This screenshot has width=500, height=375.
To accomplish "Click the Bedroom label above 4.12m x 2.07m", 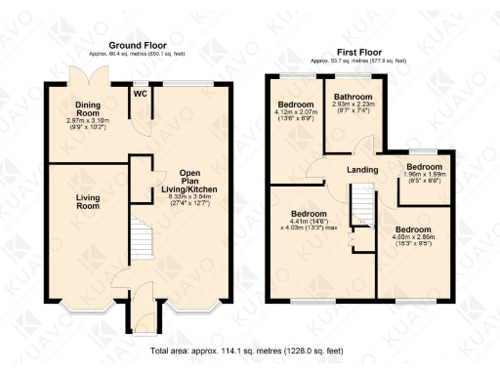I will pos(294,104).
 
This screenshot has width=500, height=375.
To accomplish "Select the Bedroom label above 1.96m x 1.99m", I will pos(426,167).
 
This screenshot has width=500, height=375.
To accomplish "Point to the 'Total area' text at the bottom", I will pos(248,350).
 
